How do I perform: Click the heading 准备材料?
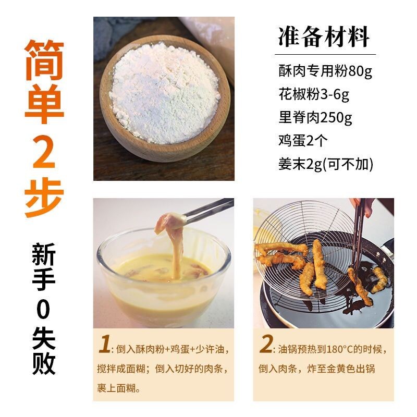point(324,36)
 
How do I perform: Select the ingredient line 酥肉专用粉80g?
point(325,71)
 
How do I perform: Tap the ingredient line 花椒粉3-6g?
point(314,94)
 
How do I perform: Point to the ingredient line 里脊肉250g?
point(315,118)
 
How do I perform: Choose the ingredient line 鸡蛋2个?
point(303,140)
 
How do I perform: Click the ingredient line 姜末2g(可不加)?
point(326,164)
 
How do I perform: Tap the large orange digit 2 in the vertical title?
point(44,151)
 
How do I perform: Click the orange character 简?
point(44,60)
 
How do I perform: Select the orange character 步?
point(44,198)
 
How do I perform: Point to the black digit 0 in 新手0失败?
point(43,309)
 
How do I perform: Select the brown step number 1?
point(105,344)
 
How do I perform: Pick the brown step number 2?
point(266,344)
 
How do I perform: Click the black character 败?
point(44,363)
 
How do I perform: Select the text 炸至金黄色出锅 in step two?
point(341,369)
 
